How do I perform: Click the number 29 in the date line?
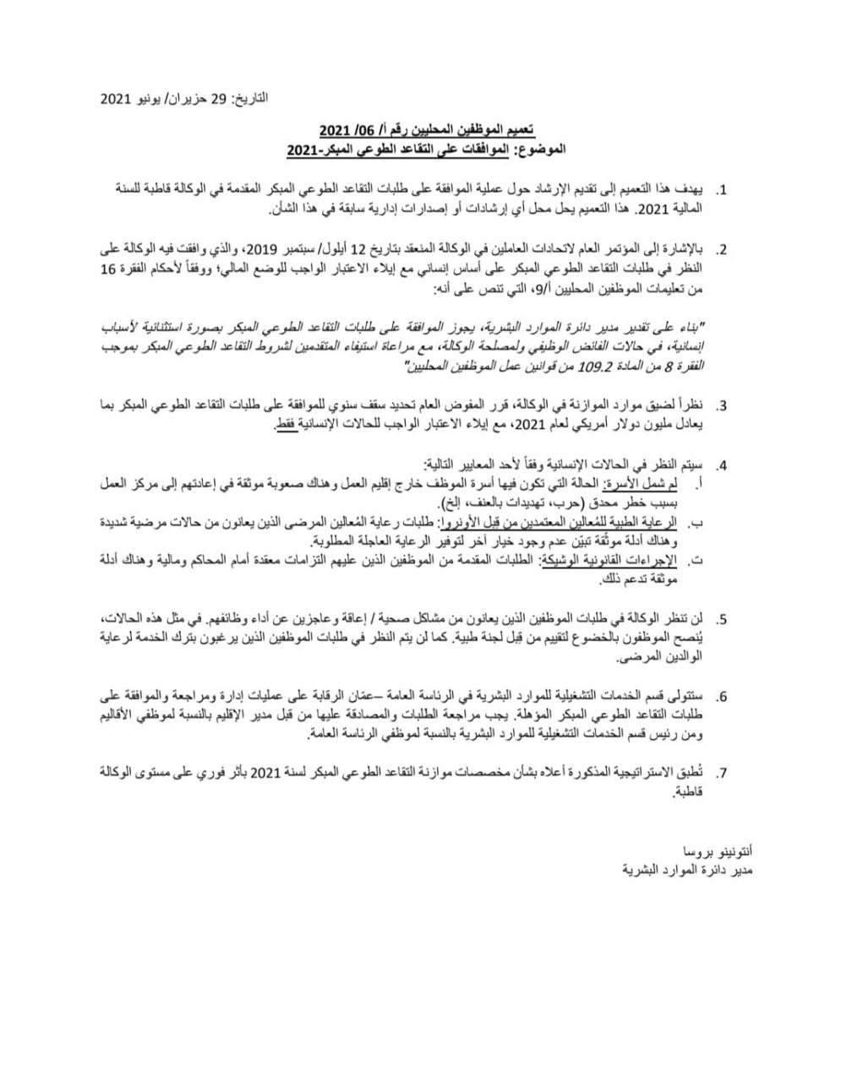(218, 99)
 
